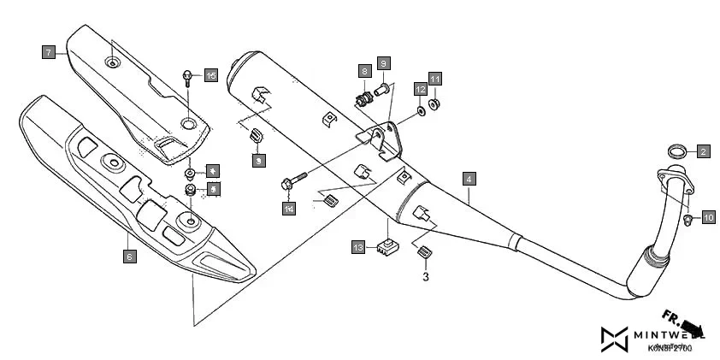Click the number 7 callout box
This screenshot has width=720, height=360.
pyautogui.click(x=49, y=52)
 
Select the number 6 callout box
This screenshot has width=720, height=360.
pyautogui.click(x=129, y=256)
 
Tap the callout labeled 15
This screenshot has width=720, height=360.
pyautogui.click(x=211, y=76)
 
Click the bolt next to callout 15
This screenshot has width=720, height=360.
pyautogui.click(x=186, y=80)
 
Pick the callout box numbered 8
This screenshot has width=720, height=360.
pyautogui.click(x=364, y=70)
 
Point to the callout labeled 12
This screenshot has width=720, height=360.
pyautogui.click(x=421, y=89)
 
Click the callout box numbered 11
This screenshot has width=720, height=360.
pyautogui.click(x=435, y=80)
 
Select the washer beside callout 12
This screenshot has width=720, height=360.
pyautogui.click(x=423, y=110)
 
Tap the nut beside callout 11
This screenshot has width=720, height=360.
pyautogui.click(x=435, y=104)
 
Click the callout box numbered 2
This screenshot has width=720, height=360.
pyautogui.click(x=703, y=152)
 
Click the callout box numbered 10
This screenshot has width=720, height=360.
pyautogui.click(x=709, y=218)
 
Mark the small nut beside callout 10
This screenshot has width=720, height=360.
pyautogui.click(x=688, y=221)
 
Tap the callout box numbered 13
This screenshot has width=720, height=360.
pyautogui.click(x=359, y=247)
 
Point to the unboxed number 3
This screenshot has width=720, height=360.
pyautogui.click(x=425, y=276)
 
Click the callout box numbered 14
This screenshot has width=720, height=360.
pyautogui.click(x=290, y=209)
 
